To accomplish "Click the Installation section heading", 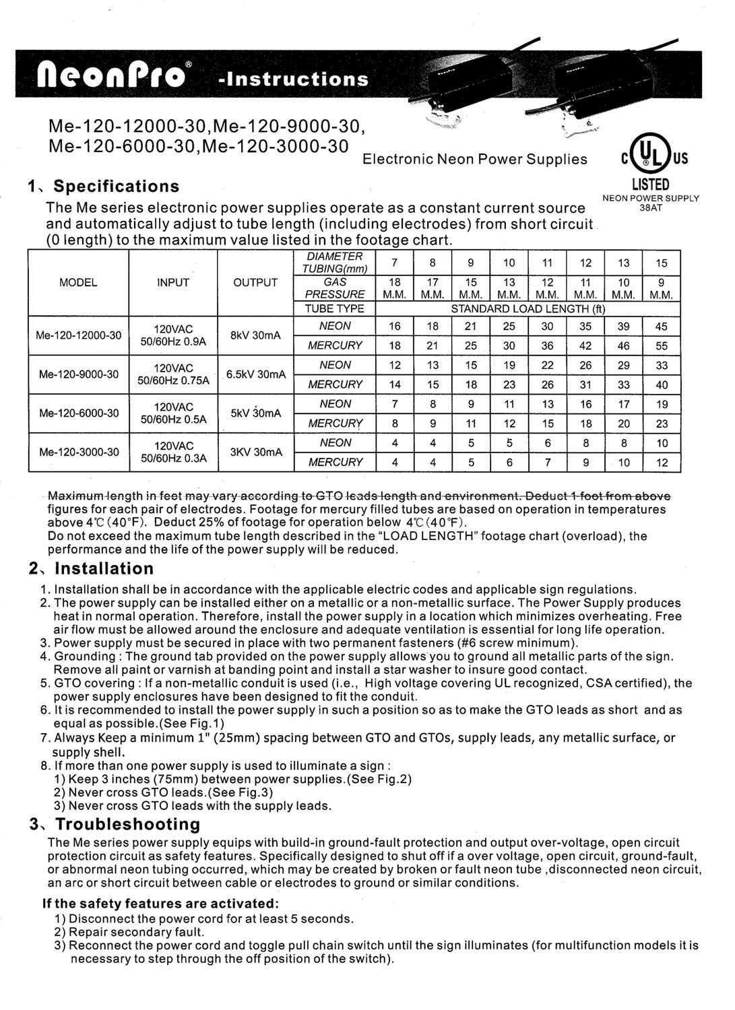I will (x=104, y=568).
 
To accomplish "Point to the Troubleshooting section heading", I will (x=128, y=824).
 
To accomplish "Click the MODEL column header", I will (x=78, y=283).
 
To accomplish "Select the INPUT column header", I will (x=172, y=283).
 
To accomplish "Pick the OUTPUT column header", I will (x=255, y=283).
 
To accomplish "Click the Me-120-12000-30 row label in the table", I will (x=79, y=335).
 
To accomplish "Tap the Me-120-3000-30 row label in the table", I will (x=79, y=452).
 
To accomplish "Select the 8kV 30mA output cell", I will (x=255, y=335).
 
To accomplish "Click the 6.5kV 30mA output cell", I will (x=256, y=374).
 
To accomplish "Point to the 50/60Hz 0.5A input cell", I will (x=172, y=419).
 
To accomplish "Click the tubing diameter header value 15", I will (x=662, y=263).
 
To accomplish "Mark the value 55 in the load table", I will (x=662, y=346).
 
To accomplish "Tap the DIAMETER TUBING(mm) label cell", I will (x=335, y=263).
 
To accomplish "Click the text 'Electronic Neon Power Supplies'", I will (x=474, y=160).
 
